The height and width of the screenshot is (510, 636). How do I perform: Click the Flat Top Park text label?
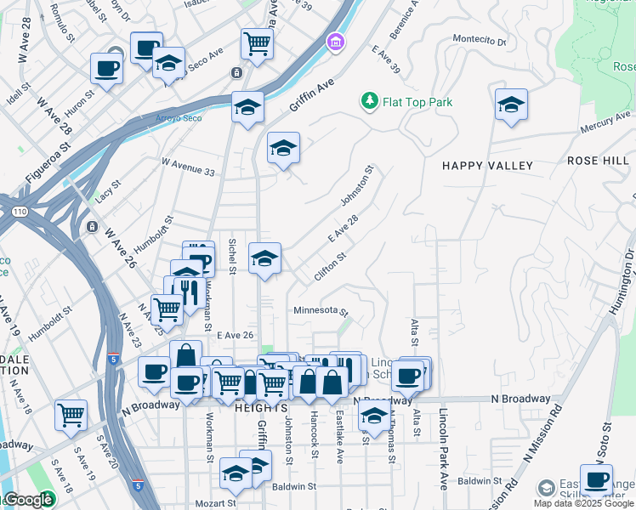click(x=417, y=102)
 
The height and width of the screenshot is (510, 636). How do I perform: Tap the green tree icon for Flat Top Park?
click(x=369, y=102)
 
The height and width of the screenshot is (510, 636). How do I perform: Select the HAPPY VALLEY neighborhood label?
click(x=487, y=166)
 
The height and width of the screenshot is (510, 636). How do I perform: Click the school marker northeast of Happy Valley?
click(x=511, y=105)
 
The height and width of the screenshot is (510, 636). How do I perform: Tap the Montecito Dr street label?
click(x=479, y=40)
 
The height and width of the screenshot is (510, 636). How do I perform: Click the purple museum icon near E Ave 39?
click(x=335, y=41)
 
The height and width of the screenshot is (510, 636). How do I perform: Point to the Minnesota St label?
click(x=321, y=310)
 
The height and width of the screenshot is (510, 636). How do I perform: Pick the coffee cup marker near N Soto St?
click(x=596, y=480)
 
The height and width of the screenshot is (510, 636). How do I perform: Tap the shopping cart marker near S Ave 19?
click(x=71, y=416)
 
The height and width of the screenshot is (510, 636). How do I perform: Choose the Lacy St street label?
click(x=103, y=191)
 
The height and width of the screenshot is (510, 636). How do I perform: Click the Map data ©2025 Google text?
click(x=583, y=503)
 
